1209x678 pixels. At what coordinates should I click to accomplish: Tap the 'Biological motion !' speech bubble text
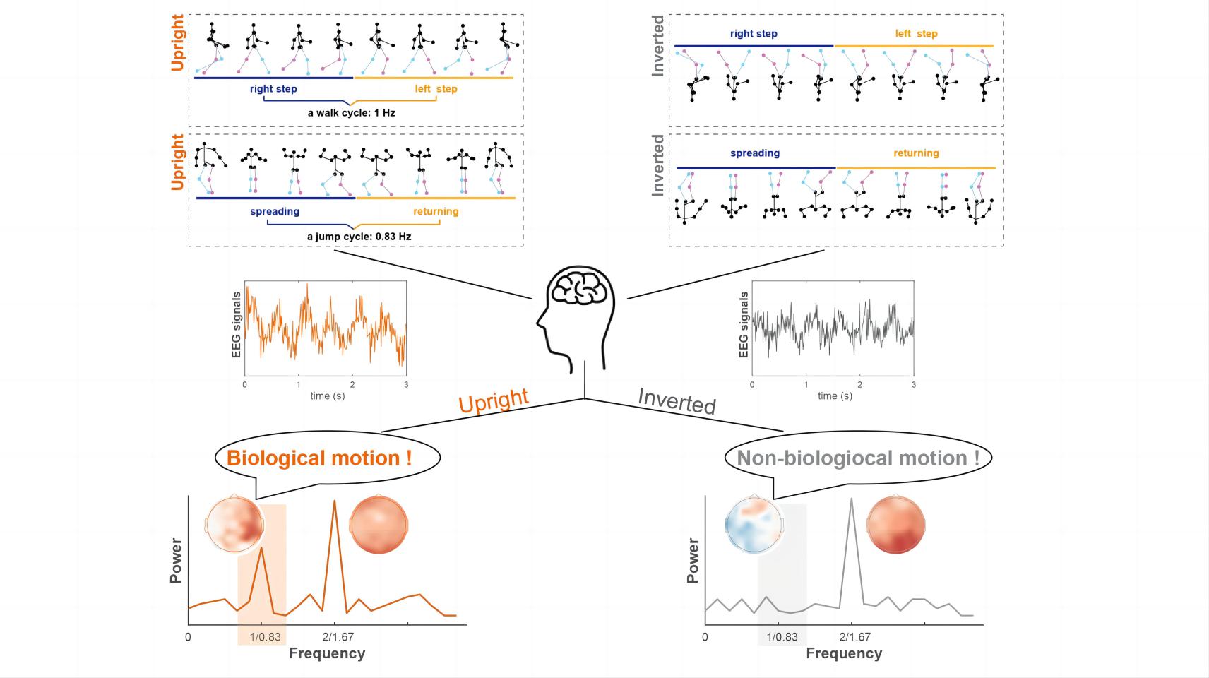(319, 458)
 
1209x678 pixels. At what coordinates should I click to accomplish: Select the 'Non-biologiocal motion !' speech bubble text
(857, 458)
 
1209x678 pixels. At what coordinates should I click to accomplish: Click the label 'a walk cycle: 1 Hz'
(352, 112)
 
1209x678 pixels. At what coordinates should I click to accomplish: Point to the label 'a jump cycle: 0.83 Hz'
(359, 237)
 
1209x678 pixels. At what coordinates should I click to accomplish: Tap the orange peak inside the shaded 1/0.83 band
(262, 549)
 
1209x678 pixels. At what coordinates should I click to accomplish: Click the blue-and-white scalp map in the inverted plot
(754, 524)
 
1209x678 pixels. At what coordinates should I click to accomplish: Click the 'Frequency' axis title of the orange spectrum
(327, 653)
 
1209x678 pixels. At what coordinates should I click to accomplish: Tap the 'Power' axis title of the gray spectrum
(693, 561)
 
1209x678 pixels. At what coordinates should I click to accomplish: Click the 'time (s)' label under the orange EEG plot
(328, 396)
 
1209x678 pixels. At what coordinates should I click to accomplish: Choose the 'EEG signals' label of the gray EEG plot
(743, 324)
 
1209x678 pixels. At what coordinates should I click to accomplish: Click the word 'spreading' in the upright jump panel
(275, 211)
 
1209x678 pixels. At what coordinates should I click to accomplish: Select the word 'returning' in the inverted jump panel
(916, 153)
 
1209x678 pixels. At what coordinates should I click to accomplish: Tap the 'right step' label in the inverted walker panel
(754, 33)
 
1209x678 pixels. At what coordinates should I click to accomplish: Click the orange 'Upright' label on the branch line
(493, 400)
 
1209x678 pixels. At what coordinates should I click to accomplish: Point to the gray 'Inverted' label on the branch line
(677, 401)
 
